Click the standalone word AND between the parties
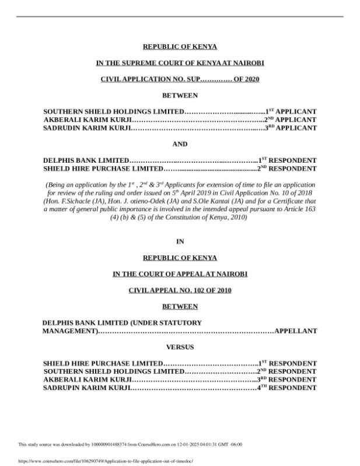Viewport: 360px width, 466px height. (x=180, y=144)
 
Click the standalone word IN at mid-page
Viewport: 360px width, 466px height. (x=180, y=241)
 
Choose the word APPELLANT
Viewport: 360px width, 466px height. (x=296, y=331)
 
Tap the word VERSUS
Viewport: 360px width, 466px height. (x=180, y=347)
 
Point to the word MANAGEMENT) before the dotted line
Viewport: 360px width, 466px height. (x=70, y=331)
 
